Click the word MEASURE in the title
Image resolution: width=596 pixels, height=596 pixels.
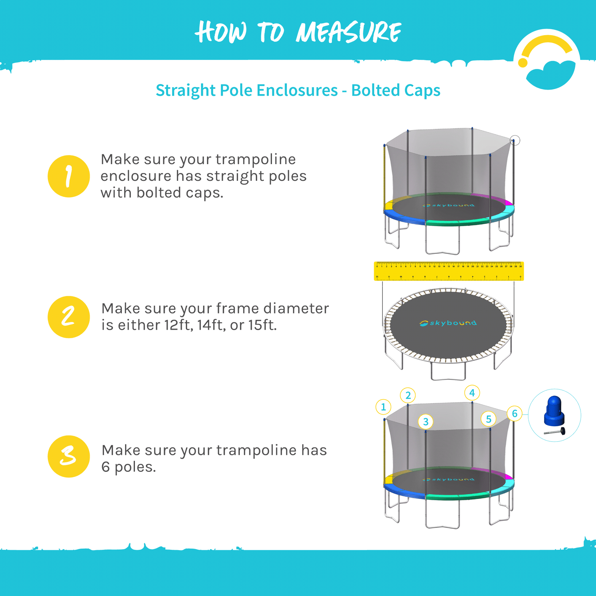pyautogui.click(x=348, y=32)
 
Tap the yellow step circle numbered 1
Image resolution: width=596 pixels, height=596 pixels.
pyautogui.click(x=69, y=176)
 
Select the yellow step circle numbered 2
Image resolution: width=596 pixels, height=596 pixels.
pyautogui.click(x=69, y=317)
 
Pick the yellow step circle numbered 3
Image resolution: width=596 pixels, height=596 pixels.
pyautogui.click(x=69, y=456)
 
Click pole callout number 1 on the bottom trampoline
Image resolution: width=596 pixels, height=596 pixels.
pyautogui.click(x=383, y=407)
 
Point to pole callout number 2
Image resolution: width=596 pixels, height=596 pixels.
pyautogui.click(x=408, y=395)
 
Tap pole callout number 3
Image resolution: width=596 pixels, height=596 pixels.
pyautogui.click(x=426, y=422)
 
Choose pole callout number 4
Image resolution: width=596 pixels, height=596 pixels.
pyautogui.click(x=472, y=393)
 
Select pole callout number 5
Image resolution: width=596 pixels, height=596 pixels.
pyautogui.click(x=489, y=419)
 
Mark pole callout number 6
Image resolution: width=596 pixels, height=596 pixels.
pyautogui.click(x=515, y=414)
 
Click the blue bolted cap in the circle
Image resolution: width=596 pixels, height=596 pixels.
pyautogui.click(x=554, y=410)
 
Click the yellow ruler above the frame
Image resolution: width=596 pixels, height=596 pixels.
pyautogui.click(x=449, y=271)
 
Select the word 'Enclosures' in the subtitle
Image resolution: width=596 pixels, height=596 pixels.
pyautogui.click(x=297, y=90)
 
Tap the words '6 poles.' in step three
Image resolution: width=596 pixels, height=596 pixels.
pyautogui.click(x=129, y=467)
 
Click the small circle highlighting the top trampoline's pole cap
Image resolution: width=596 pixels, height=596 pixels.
pyautogui.click(x=515, y=140)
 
